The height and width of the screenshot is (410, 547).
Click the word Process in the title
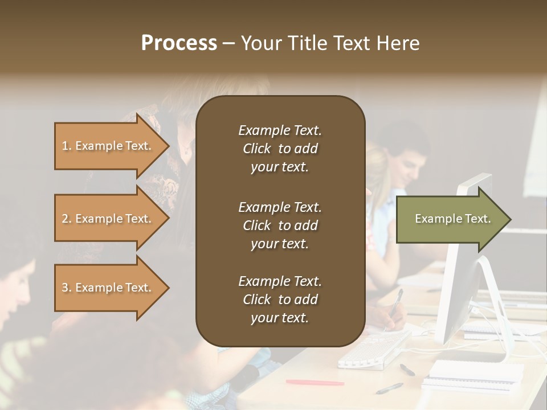pyautogui.click(x=179, y=43)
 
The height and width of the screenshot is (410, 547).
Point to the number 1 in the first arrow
pyautogui.click(x=65, y=146)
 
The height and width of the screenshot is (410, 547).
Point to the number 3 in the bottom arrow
pyautogui.click(x=65, y=288)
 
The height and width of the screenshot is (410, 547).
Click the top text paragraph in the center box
pyautogui.click(x=280, y=149)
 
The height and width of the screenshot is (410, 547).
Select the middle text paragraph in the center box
pyautogui.click(x=280, y=225)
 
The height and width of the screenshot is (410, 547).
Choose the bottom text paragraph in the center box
pyautogui.click(x=280, y=300)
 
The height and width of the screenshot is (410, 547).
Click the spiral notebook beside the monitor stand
pyautogui.click(x=476, y=372)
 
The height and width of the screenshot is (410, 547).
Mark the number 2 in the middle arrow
pyautogui.click(x=65, y=219)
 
